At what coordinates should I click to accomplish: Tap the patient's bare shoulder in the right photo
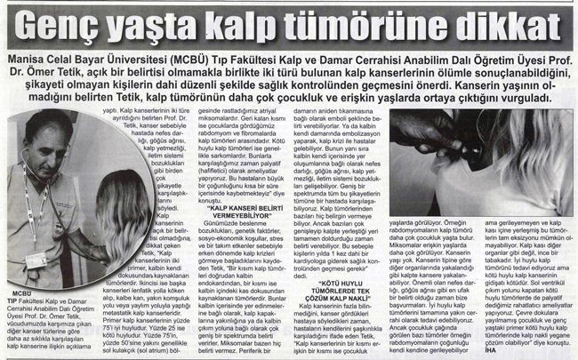534,178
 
